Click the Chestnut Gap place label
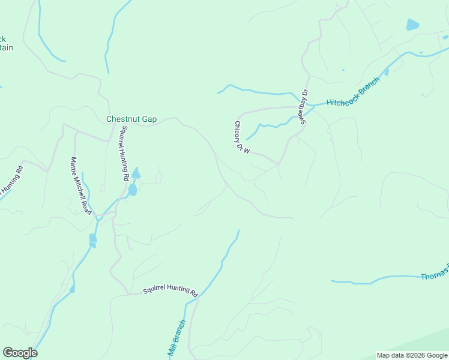point(131,119)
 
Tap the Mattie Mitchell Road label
point(80,186)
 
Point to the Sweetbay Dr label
point(304,107)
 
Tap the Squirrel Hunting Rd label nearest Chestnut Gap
point(124,153)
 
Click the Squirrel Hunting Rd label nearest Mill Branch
point(170,291)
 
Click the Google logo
point(20,353)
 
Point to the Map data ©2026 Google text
point(412,355)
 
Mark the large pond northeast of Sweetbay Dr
point(412,25)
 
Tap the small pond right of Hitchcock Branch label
point(386,73)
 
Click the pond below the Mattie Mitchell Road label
point(92,239)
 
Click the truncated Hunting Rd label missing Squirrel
point(11,182)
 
